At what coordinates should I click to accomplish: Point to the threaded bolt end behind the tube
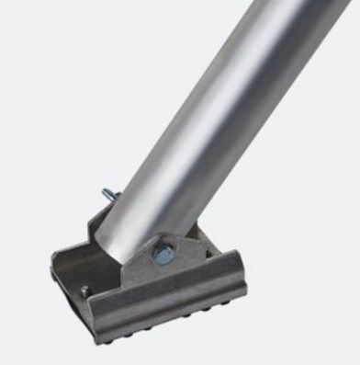point(108,194)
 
